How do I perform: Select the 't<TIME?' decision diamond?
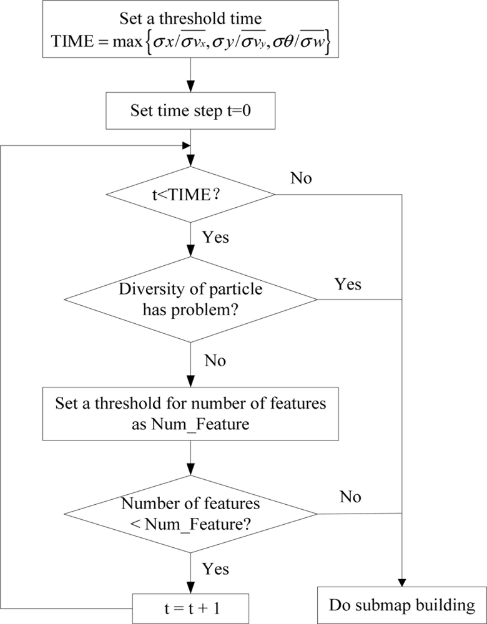(190, 195)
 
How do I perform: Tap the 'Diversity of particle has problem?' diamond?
(190, 300)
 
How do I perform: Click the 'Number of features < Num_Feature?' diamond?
(190, 514)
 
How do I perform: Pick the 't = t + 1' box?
(190, 604)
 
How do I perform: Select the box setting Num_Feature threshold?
(190, 414)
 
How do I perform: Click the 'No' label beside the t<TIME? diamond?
(302, 178)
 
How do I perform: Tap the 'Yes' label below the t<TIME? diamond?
(215, 238)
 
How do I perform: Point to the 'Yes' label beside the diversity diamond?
(348, 285)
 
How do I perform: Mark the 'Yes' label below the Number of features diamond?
(215, 568)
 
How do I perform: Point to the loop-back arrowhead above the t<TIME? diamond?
(185, 145)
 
